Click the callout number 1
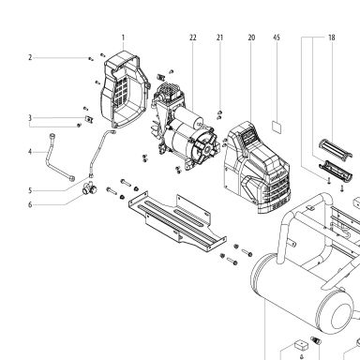(123, 37)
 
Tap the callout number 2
(30, 57)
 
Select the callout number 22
(193, 37)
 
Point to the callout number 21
(220, 37)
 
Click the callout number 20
(251, 37)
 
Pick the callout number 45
(277, 37)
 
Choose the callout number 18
(332, 37)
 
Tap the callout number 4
(30, 152)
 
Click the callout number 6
(30, 204)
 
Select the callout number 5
(30, 190)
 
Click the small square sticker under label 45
(277, 127)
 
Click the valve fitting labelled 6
(88, 187)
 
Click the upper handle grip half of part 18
(336, 149)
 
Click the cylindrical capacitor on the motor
(188, 116)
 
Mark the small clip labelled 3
(90, 119)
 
